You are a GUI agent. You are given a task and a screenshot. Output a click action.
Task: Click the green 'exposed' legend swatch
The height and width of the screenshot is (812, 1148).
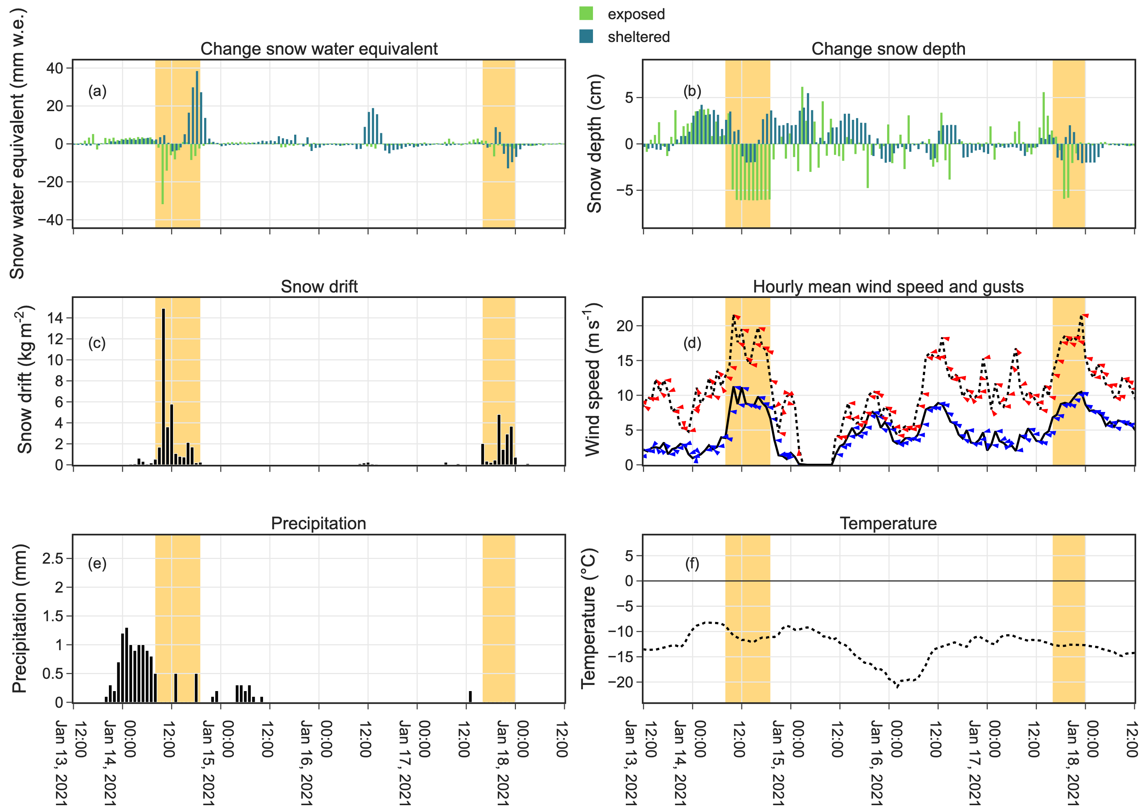tap(586, 13)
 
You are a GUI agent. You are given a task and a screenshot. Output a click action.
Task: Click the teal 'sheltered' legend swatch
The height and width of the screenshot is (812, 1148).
tap(586, 36)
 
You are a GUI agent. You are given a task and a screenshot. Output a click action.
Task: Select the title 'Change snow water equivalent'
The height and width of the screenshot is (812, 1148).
tap(319, 49)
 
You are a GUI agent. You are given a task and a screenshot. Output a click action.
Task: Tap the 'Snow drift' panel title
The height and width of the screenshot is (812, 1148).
tap(319, 286)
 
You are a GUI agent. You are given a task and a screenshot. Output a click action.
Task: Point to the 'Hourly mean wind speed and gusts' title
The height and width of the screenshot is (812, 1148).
tap(888, 286)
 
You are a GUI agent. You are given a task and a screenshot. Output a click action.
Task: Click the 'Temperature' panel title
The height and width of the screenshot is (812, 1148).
tap(888, 523)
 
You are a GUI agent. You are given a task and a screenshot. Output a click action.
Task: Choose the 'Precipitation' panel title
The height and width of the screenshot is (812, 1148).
tap(318, 523)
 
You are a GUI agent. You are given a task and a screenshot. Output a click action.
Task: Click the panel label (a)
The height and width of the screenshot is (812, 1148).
tap(97, 91)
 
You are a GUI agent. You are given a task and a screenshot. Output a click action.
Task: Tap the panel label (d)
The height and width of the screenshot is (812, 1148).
tap(692, 343)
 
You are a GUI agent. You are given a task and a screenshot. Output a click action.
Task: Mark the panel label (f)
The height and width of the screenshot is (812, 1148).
tap(692, 564)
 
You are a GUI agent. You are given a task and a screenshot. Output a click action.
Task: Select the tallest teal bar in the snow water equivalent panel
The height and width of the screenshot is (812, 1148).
tap(197, 107)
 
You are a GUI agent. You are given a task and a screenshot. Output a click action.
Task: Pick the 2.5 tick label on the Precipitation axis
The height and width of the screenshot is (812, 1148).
tap(52, 558)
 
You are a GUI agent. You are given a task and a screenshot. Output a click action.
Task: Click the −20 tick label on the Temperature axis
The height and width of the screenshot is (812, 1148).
tap(620, 682)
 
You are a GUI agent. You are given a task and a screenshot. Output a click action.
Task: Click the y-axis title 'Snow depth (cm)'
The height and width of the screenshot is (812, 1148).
tap(594, 144)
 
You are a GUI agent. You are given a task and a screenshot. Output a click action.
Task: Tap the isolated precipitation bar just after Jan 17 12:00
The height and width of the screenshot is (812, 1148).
tap(470, 697)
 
